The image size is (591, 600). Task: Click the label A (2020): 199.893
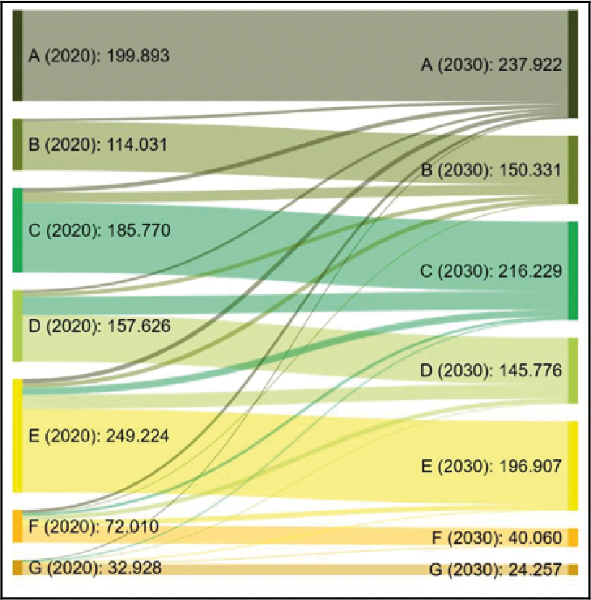click(x=98, y=56)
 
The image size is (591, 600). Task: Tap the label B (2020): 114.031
click(x=97, y=144)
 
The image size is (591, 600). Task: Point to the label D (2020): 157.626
click(x=99, y=326)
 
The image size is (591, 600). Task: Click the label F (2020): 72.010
click(x=94, y=526)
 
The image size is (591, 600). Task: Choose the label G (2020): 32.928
click(x=95, y=568)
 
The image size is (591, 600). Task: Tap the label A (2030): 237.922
click(x=491, y=66)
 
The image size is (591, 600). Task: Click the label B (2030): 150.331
click(x=491, y=169)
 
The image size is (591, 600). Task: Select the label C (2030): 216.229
click(x=491, y=270)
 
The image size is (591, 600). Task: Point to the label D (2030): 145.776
click(x=491, y=370)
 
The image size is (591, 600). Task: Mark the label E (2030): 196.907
click(x=491, y=466)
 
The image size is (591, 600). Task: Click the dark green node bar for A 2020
click(x=17, y=56)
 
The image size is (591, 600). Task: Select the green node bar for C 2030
click(x=573, y=270)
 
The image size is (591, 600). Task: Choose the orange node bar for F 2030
click(x=573, y=537)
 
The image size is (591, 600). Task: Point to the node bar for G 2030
click(x=573, y=570)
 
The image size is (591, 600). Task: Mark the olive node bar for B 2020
click(x=17, y=144)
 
